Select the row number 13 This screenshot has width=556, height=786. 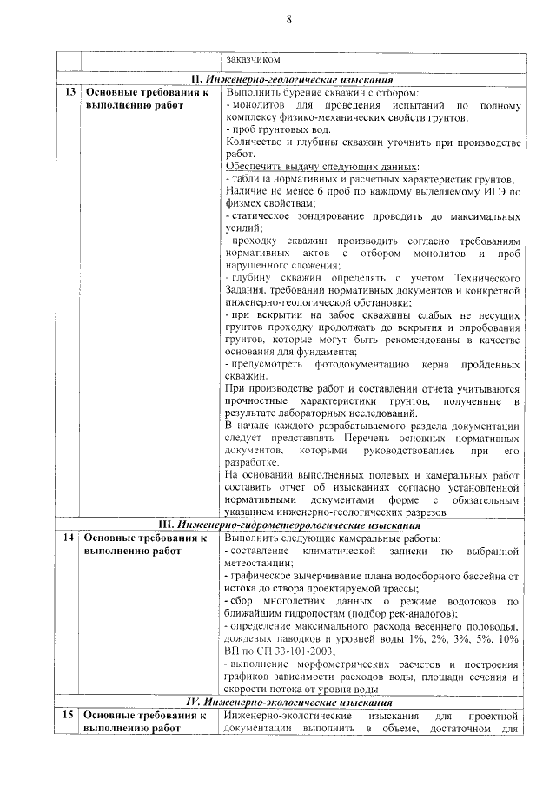pos(69,92)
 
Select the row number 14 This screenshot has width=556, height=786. pos(69,538)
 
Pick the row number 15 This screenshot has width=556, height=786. pos(69,714)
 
